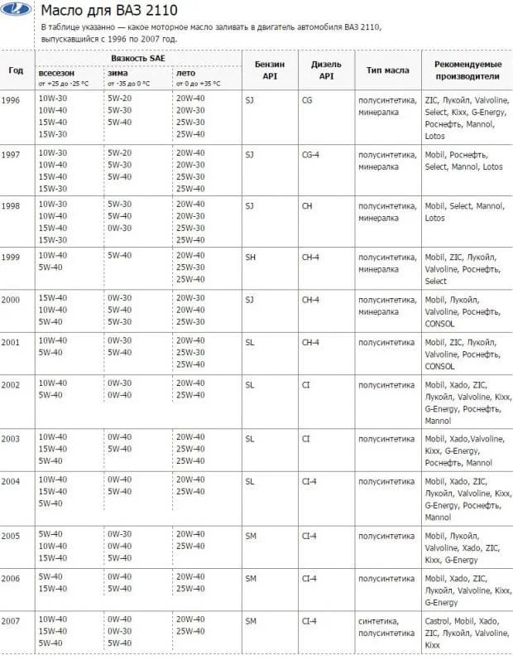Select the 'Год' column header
[x=16, y=70]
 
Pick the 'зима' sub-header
[x=117, y=73]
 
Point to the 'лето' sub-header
[x=185, y=73]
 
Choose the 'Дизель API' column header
[x=326, y=70]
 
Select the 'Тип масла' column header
[x=387, y=70]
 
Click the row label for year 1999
[x=11, y=257]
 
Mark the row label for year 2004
[x=11, y=481]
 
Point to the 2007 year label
[x=11, y=619]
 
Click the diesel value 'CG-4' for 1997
[x=311, y=154]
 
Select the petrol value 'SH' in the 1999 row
[x=251, y=257]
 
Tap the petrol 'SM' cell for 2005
[x=252, y=535]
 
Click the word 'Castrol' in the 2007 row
[x=438, y=620]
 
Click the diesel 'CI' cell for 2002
[x=305, y=384]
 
